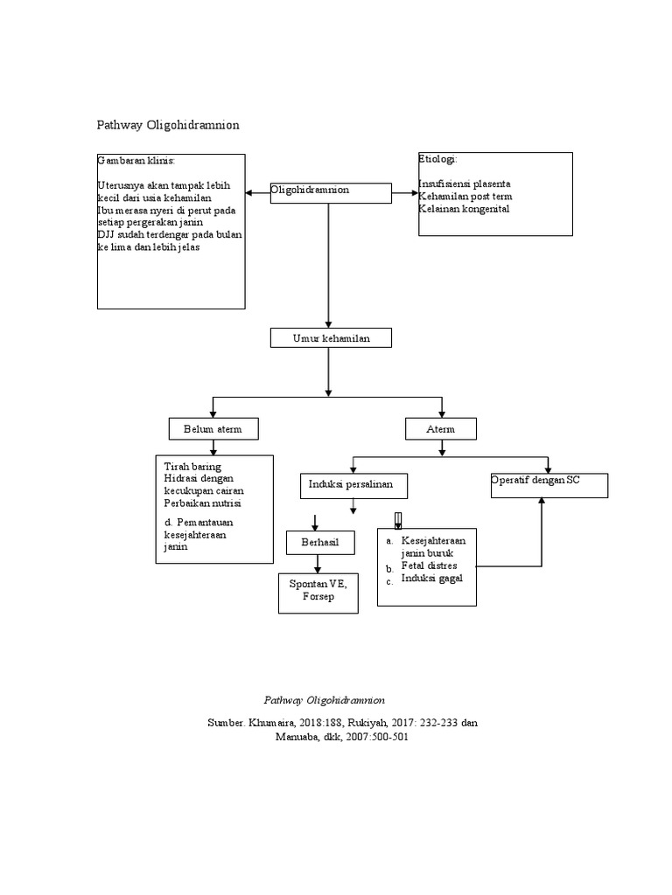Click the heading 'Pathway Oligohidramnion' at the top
(167, 126)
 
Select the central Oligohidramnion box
(330, 193)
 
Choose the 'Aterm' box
(442, 429)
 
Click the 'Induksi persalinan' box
(353, 484)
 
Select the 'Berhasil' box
(318, 544)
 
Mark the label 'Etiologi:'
(437, 160)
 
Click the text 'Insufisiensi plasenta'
(465, 184)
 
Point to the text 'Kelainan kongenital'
(463, 209)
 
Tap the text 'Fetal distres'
(429, 565)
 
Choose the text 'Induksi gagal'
(432, 578)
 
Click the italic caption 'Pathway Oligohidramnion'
(325, 701)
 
